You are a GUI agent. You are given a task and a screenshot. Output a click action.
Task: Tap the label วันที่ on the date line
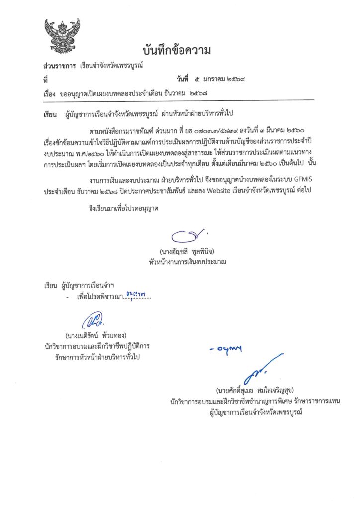(182, 79)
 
